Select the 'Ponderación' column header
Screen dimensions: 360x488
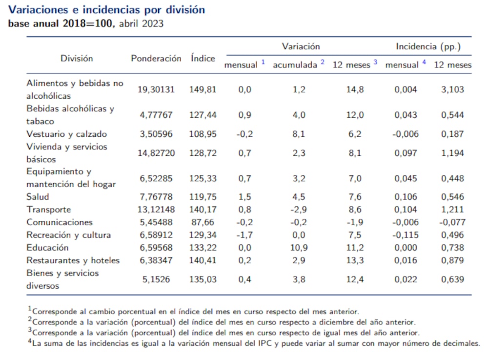click(x=156, y=58)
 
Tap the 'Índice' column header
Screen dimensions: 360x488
click(x=203, y=58)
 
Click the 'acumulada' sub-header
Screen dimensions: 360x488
click(x=295, y=64)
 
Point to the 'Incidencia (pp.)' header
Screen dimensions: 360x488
click(x=428, y=46)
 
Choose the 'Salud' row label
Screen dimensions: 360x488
click(x=38, y=197)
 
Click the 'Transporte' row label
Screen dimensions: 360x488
click(x=48, y=210)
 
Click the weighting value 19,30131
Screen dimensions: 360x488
click(x=156, y=90)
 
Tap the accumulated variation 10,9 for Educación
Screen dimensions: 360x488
click(x=299, y=248)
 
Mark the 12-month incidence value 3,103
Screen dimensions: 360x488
click(x=452, y=90)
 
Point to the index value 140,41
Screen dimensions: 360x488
click(x=203, y=260)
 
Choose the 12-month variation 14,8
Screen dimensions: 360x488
click(x=354, y=90)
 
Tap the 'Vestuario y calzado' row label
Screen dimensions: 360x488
click(x=66, y=134)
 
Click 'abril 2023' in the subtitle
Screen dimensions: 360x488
click(x=141, y=23)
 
